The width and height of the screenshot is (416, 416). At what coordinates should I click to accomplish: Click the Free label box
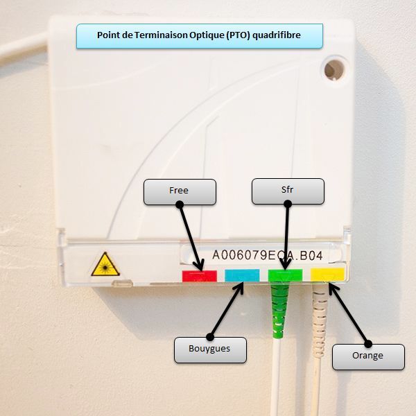click(x=180, y=192)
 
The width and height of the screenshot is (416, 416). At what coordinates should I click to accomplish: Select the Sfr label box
click(x=288, y=191)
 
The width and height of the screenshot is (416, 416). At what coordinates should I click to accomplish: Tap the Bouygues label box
click(x=209, y=349)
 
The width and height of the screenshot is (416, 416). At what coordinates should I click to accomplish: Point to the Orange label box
click(x=367, y=356)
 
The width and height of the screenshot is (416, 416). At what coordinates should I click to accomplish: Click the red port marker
click(x=199, y=276)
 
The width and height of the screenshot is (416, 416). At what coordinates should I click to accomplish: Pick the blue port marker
click(x=241, y=276)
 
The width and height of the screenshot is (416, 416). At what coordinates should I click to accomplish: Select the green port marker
click(x=285, y=275)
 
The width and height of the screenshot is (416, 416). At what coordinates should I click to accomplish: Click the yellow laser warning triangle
click(x=105, y=265)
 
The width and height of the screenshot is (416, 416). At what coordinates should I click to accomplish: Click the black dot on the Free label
click(x=180, y=205)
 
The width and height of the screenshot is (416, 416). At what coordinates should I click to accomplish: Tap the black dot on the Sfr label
click(x=288, y=204)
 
